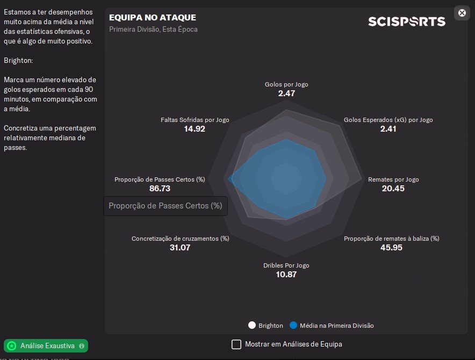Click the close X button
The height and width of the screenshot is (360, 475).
462,13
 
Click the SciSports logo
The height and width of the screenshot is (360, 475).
406,21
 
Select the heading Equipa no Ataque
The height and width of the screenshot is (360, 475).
153,18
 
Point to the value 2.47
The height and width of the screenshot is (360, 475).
286,93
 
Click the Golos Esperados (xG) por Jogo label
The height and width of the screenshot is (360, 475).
388,120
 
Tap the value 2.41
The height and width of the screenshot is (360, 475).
388,129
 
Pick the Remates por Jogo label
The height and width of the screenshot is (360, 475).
393,179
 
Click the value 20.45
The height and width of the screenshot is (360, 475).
393,189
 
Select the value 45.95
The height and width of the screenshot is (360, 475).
391,248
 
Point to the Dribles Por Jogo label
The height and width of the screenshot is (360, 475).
286,265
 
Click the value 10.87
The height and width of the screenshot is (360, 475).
286,275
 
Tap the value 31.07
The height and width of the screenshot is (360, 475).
180,248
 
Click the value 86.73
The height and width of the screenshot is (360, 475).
160,189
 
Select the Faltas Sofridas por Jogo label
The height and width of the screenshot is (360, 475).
195,120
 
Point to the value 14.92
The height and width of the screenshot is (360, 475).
195,129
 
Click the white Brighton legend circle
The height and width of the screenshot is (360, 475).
252,325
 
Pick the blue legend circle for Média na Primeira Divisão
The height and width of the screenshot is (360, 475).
293,325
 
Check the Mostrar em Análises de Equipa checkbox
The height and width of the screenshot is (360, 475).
236,344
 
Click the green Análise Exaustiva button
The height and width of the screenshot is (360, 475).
46,345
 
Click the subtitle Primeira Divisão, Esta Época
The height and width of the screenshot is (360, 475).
153,30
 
